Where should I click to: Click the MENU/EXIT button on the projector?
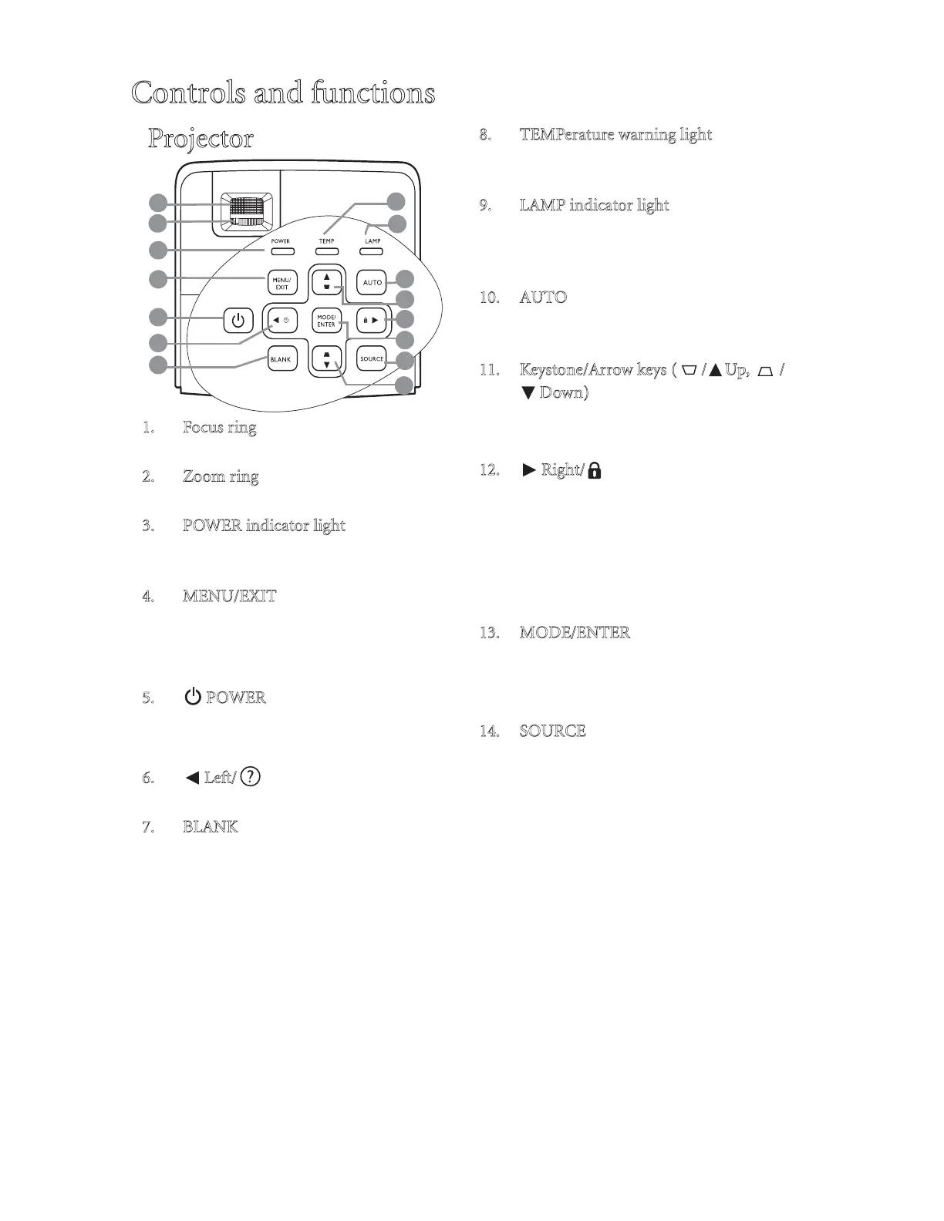click(282, 283)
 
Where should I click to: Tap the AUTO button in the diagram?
click(373, 282)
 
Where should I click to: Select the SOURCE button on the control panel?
click(373, 358)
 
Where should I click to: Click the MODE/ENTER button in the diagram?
click(327, 321)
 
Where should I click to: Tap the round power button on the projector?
click(238, 320)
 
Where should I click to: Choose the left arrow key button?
click(281, 320)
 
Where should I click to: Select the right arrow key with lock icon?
click(372, 320)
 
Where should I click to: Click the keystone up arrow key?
click(327, 281)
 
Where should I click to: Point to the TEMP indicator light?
click(326, 251)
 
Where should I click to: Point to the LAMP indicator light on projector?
click(373, 251)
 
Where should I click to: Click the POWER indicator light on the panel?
click(281, 251)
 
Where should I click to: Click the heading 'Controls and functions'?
click(283, 93)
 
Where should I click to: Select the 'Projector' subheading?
click(201, 139)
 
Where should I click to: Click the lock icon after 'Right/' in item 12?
click(595, 470)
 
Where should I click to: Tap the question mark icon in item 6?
click(251, 776)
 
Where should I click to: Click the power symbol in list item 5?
click(193, 697)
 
